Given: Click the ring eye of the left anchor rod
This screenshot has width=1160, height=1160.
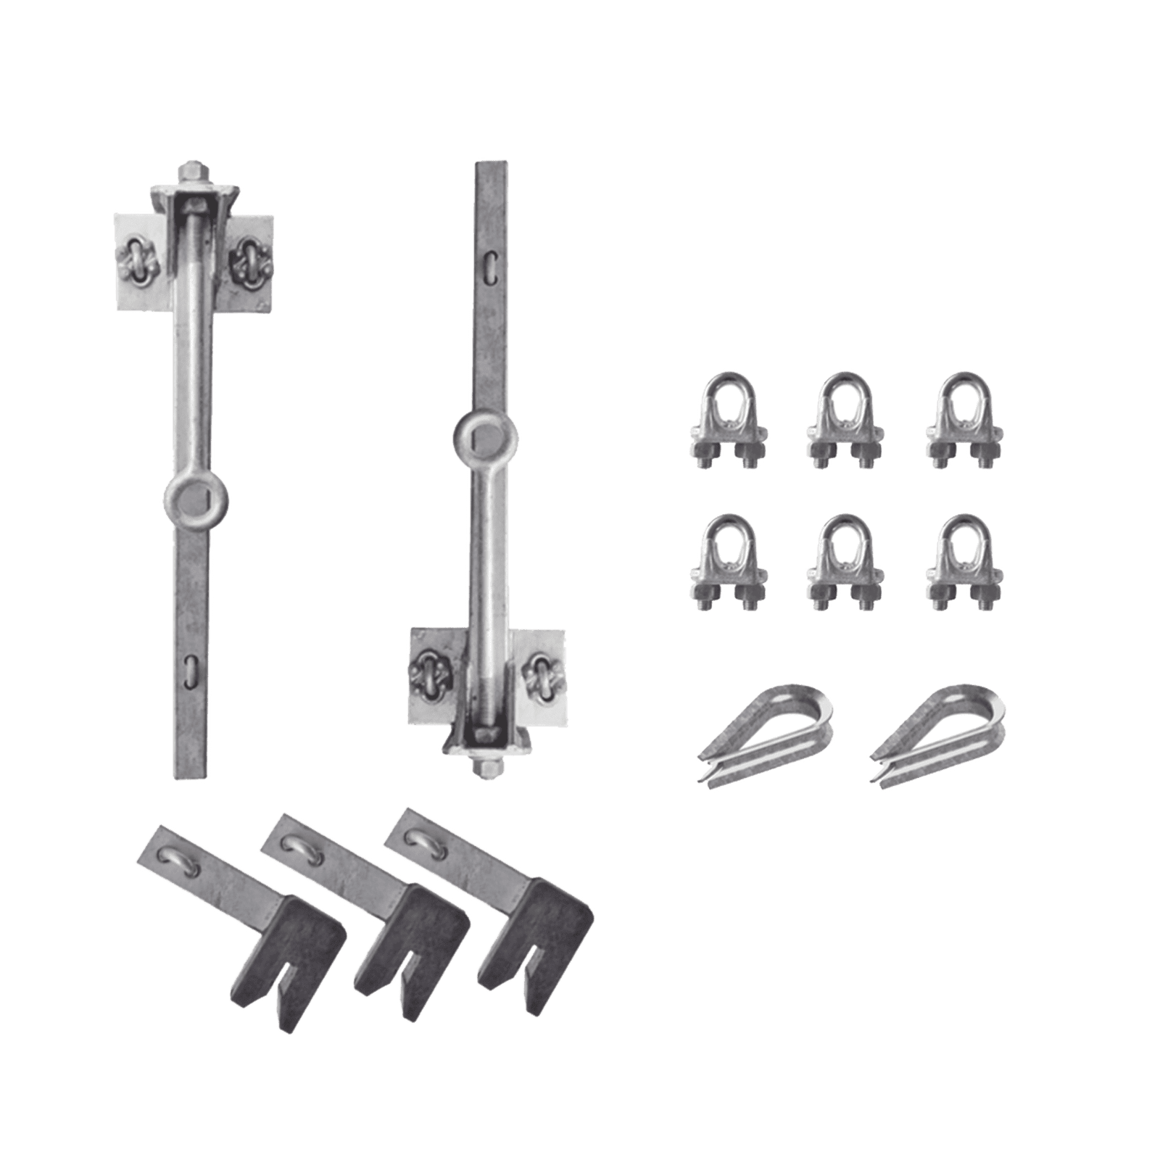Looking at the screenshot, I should coord(196,498).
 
